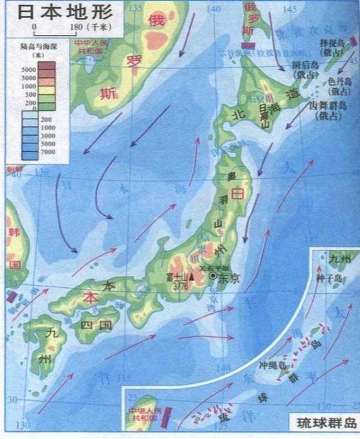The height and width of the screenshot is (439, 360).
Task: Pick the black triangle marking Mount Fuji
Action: pyautogui.click(x=191, y=276)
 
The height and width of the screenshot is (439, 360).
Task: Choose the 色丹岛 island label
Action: pyautogui.click(x=338, y=87)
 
